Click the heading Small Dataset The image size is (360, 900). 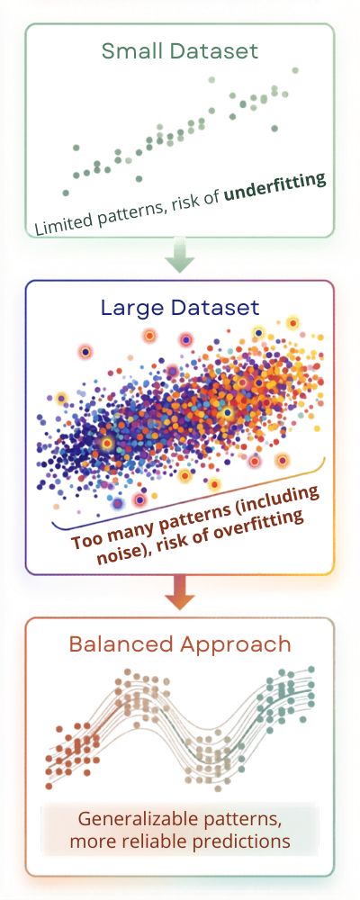[179, 50]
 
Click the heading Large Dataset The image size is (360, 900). [179, 308]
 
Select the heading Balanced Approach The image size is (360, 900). [179, 644]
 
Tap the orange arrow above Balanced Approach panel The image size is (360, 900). [179, 591]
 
